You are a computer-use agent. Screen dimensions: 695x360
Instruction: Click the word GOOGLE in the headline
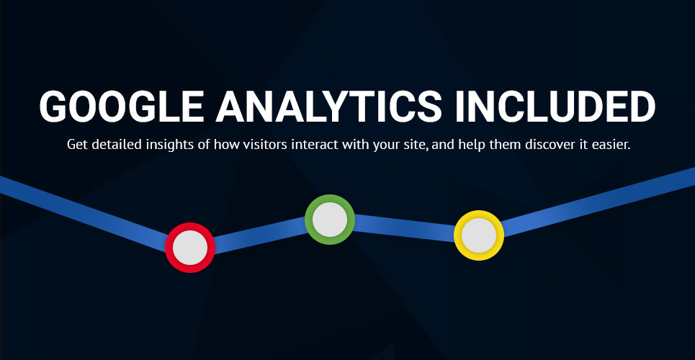(122, 107)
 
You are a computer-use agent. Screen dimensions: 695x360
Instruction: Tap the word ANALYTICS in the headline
(328, 107)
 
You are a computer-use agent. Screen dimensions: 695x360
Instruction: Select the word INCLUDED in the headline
(555, 107)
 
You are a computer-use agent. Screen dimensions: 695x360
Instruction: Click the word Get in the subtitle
(75, 145)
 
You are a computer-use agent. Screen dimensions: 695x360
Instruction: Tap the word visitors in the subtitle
(261, 145)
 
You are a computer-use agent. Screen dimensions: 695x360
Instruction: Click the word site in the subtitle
(419, 145)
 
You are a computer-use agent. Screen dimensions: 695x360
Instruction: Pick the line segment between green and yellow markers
(404, 228)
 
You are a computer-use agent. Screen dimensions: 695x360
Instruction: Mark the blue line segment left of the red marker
(84, 214)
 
